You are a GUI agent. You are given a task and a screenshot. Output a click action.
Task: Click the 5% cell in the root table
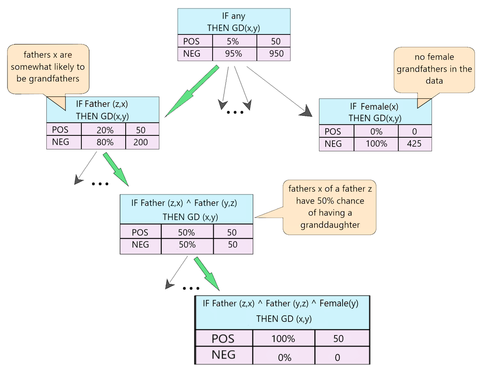tap(234, 41)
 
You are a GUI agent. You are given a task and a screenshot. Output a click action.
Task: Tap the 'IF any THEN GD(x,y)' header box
tap(234, 22)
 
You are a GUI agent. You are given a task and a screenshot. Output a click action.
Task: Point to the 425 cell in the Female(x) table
tap(415, 144)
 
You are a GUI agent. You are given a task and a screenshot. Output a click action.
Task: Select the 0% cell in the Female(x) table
tap(376, 132)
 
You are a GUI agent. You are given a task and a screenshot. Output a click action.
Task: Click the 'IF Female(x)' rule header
tap(375, 112)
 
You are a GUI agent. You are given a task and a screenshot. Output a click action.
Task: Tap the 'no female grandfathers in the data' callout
tap(434, 69)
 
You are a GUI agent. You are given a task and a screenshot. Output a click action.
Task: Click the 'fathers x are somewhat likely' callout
tap(48, 67)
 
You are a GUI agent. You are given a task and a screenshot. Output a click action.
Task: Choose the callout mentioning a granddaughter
tap(329, 207)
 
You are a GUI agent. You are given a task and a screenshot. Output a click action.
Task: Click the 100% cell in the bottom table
tap(283, 339)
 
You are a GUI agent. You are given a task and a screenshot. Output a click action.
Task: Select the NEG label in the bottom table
tap(223, 354)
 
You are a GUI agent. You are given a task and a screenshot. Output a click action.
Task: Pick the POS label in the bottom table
tap(223, 339)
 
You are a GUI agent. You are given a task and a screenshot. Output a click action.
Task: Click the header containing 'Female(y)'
tap(282, 311)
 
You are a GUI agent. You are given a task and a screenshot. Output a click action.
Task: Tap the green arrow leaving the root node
tap(191, 91)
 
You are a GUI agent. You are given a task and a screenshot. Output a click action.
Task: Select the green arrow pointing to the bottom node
tap(207, 274)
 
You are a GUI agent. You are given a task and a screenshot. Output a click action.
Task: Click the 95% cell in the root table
tap(234, 54)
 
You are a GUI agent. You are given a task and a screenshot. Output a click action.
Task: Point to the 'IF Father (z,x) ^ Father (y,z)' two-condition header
tap(186, 209)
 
